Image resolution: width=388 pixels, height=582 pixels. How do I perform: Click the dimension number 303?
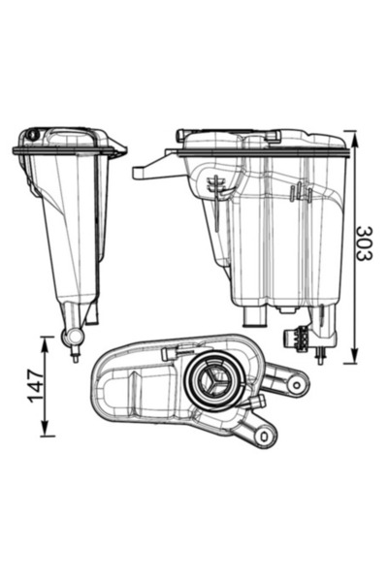pyautogui.click(x=364, y=243)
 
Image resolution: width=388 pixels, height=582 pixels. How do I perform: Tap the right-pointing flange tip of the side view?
pyautogui.click(x=121, y=150)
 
